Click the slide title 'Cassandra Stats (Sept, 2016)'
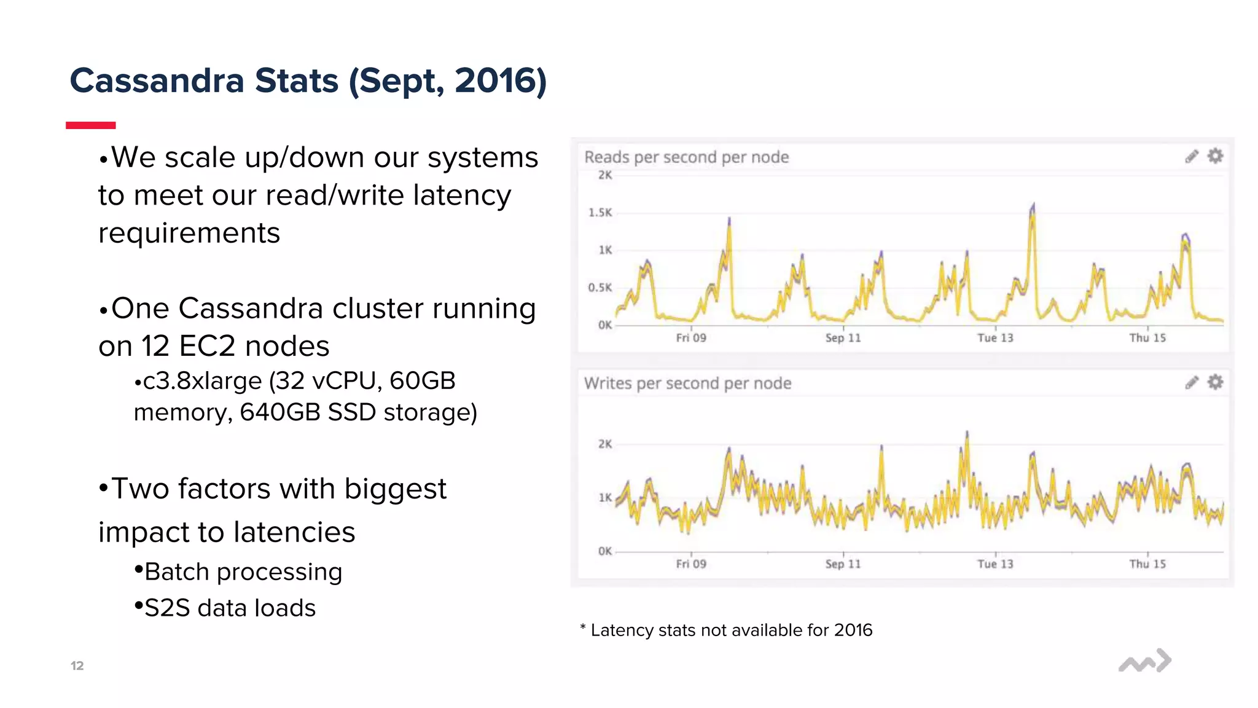(x=308, y=81)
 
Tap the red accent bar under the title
(x=91, y=125)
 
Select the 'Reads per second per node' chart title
(x=686, y=157)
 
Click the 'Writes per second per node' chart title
(x=687, y=383)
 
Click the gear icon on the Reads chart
(x=1215, y=156)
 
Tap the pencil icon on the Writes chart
(x=1192, y=383)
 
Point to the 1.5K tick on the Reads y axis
(x=600, y=213)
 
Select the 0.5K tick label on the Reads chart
(x=600, y=288)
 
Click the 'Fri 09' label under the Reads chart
(x=691, y=338)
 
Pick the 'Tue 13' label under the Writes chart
(x=995, y=564)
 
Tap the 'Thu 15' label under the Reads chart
(x=1147, y=338)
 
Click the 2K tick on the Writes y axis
(x=605, y=444)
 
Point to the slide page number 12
(x=77, y=666)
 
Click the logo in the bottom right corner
(x=1144, y=661)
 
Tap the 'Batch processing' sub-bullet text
(x=243, y=572)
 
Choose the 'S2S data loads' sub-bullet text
(x=230, y=608)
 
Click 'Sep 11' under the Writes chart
(x=843, y=564)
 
